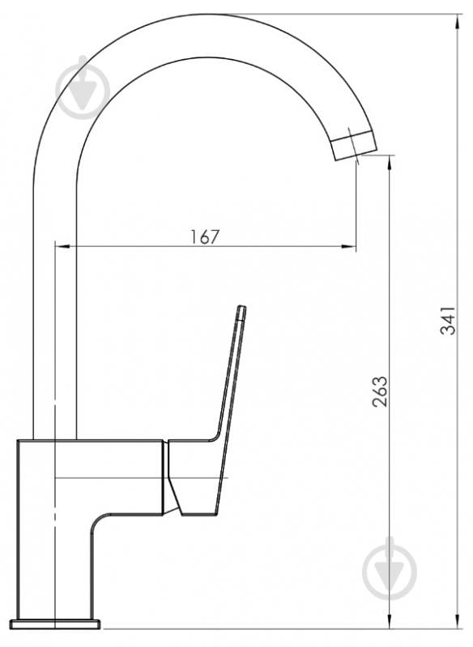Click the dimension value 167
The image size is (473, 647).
click(205, 236)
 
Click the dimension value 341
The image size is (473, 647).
click(448, 320)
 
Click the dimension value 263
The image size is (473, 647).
click(380, 392)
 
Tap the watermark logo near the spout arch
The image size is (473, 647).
click(83, 87)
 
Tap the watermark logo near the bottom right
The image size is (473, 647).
click(390, 569)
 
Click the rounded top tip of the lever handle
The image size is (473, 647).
click(242, 307)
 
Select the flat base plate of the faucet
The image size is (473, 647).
click(55, 624)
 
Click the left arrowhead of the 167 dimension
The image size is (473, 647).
click(62, 247)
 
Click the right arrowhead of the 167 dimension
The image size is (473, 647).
click(349, 247)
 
